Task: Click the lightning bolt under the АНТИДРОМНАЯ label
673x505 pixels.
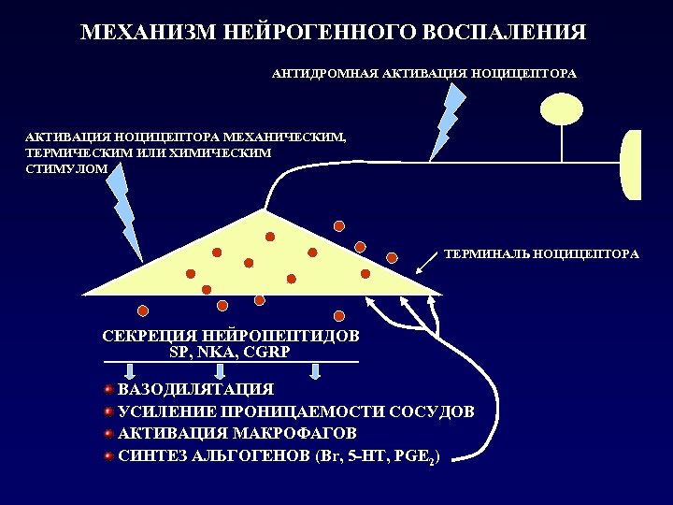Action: pos(447,119)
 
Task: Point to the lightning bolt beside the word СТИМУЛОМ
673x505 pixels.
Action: pos(123,209)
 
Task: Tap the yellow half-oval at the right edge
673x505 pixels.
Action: pos(631,165)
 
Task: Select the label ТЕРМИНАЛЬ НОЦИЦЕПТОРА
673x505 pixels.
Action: pos(541,253)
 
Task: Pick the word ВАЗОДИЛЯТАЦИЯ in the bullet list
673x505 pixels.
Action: pos(195,389)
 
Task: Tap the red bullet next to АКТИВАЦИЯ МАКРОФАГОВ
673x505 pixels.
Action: pos(108,433)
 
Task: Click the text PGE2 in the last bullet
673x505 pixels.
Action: pos(412,456)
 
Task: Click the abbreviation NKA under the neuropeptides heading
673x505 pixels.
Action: pos(214,352)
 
